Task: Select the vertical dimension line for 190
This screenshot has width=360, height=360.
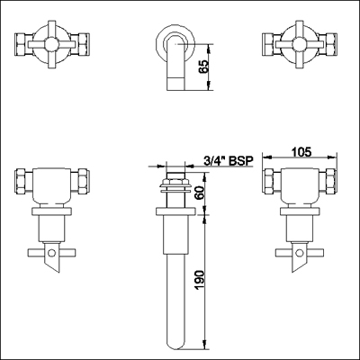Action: [202, 280]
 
